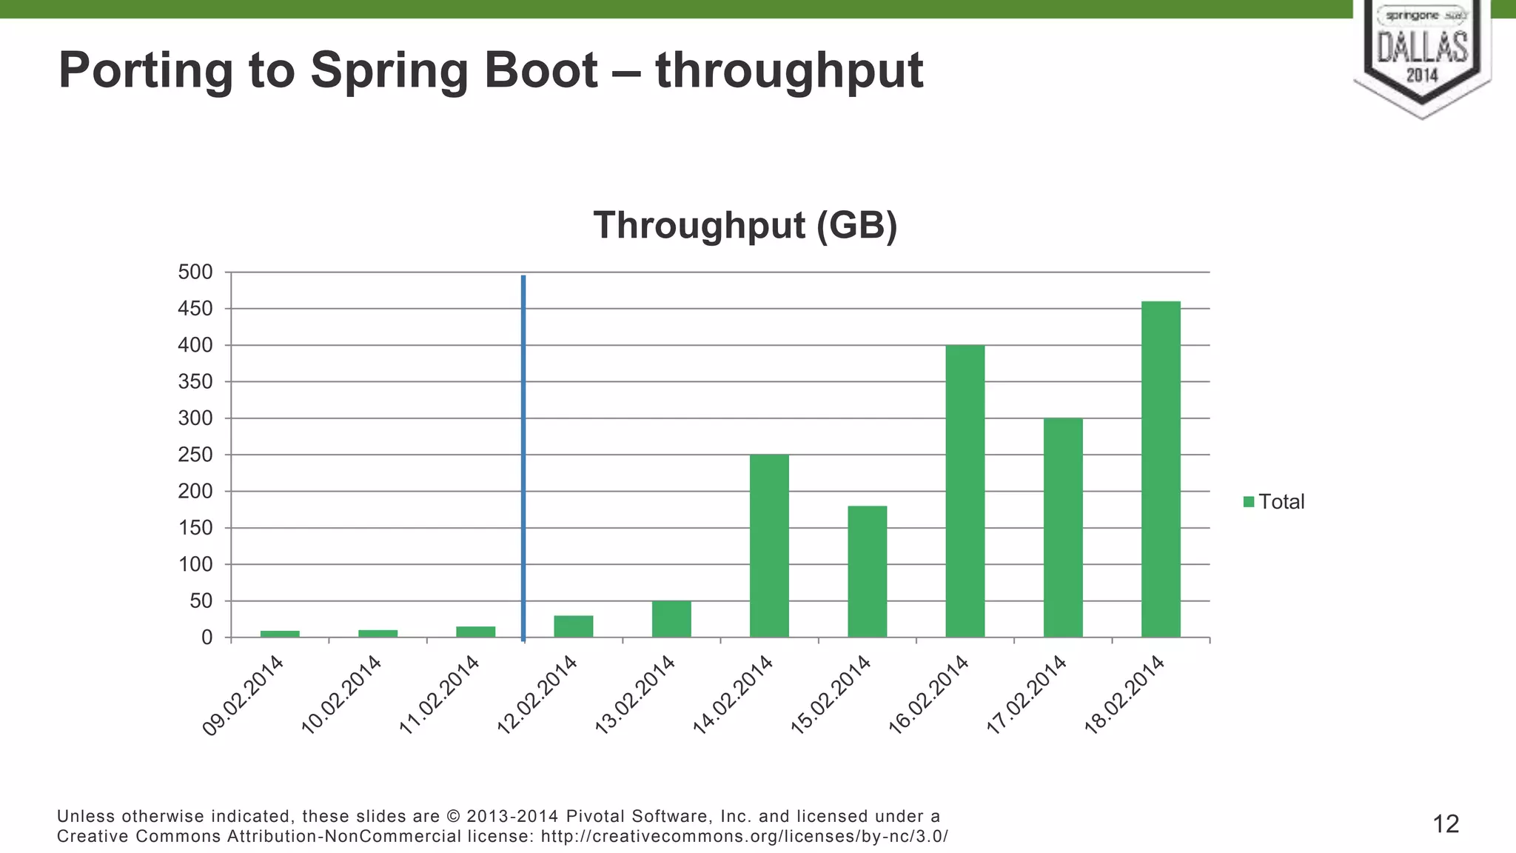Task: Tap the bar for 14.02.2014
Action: coord(769,546)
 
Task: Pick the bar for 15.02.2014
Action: coord(867,571)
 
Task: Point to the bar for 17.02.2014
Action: coord(1063,527)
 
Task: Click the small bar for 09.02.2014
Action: coord(280,634)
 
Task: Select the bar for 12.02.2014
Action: coord(574,626)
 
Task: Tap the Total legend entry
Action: coord(1274,502)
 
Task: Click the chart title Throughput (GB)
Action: coord(745,225)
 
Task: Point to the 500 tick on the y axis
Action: coord(195,272)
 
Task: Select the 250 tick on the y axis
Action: coord(195,455)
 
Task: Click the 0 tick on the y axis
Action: coord(207,638)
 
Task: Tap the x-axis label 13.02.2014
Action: coord(634,695)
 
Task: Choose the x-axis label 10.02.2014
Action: coord(341,695)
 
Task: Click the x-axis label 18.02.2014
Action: coord(1124,695)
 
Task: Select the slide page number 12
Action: coord(1446,824)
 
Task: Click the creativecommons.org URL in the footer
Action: coord(745,837)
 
